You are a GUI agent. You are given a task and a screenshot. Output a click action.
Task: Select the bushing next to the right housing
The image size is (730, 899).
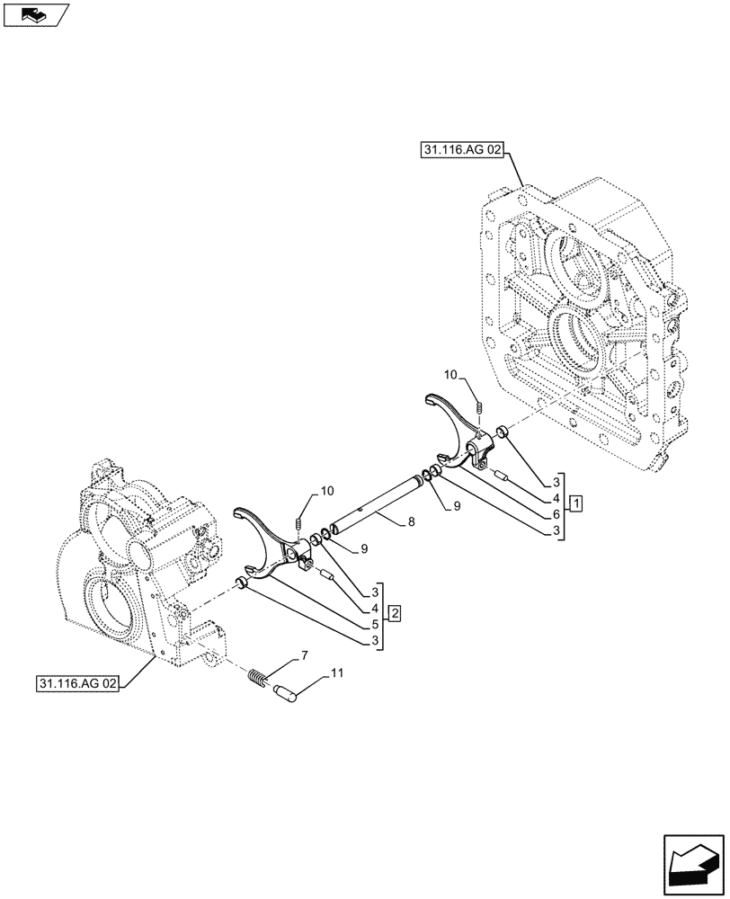(x=504, y=435)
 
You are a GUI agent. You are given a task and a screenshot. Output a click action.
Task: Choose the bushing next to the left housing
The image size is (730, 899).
(x=241, y=585)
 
